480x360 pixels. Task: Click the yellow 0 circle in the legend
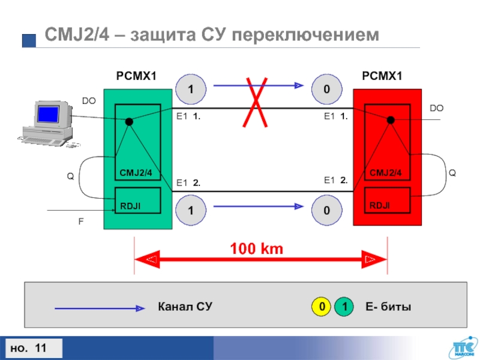[x=322, y=308]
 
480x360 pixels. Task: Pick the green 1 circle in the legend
[x=344, y=308]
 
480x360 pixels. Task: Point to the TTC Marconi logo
[x=460, y=347]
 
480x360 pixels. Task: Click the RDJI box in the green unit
[x=137, y=200]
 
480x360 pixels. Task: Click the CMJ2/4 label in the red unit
[x=385, y=173]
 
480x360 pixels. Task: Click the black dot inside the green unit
[x=129, y=121]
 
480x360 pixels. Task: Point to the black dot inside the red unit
[x=391, y=120]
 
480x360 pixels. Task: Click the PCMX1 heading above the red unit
[x=382, y=76]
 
